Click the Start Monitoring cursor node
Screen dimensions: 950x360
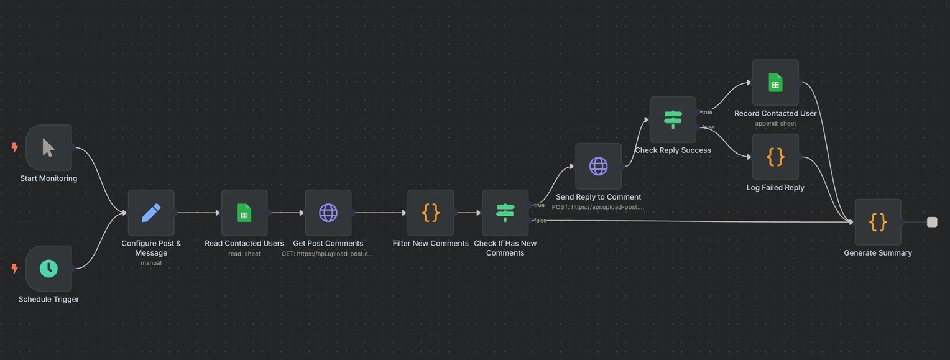48,147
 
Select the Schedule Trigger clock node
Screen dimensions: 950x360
48,269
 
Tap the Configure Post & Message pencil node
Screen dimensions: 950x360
151,213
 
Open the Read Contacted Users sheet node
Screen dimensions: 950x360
244,213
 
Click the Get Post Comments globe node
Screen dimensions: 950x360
328,213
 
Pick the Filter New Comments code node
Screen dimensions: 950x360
430,213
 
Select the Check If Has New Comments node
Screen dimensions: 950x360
505,213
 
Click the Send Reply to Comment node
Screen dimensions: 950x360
599,166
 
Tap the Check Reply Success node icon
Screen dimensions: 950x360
673,119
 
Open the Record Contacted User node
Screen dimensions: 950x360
775,82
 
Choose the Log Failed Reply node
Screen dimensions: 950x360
775,157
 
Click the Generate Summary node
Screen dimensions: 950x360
878,222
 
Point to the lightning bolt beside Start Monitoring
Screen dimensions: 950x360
15,147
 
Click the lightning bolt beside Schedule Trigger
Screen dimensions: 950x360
15,269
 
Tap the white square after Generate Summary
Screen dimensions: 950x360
932,222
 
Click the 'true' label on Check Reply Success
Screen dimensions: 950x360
707,112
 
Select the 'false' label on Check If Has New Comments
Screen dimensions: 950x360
540,221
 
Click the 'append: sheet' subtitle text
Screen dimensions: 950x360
775,123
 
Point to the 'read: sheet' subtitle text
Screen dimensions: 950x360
244,254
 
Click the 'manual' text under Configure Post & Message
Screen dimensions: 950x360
151,263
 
